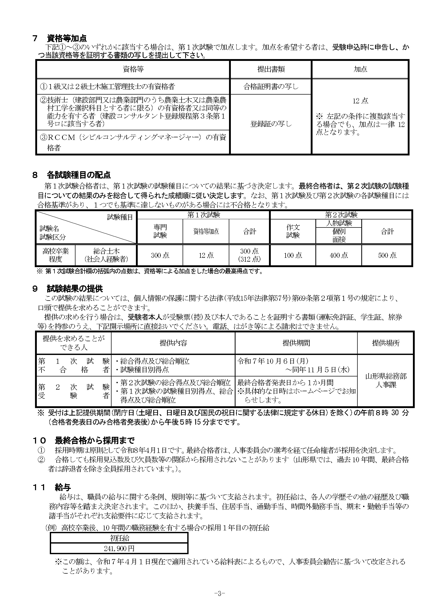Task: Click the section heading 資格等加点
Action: [67, 39]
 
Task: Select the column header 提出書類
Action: [271, 69]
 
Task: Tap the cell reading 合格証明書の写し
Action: [271, 87]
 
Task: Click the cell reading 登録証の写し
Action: [271, 124]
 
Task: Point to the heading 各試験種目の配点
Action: [78, 175]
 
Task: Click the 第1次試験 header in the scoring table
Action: [203, 215]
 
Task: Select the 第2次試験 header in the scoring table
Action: [341, 215]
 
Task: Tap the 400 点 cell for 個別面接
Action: [339, 255]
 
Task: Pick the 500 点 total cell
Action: [387, 255]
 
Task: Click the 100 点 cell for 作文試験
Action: [293, 255]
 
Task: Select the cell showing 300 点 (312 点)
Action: [249, 255]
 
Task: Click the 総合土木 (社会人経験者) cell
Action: [106, 255]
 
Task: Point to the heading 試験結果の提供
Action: [75, 289]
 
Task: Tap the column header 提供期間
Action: [296, 343]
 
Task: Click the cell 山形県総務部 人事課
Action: [386, 380]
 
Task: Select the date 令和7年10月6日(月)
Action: [273, 361]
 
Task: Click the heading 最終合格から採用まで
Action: [94, 440]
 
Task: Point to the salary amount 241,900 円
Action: [119, 549]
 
